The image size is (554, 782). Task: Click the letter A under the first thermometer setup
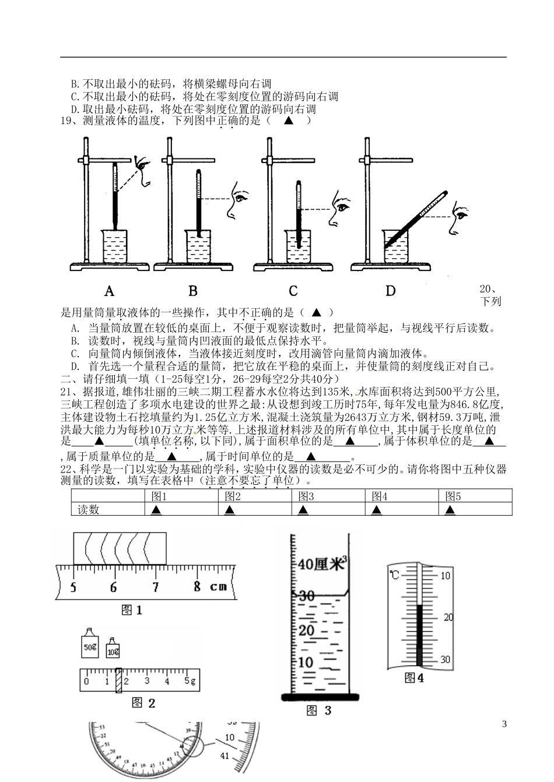[109, 291]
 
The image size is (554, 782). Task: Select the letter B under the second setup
[193, 291]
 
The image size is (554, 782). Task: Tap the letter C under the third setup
[293, 291]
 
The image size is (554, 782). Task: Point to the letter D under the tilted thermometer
[390, 291]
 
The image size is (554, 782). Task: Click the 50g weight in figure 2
[90, 645]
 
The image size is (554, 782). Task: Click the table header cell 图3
[306, 496]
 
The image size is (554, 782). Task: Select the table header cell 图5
[453, 496]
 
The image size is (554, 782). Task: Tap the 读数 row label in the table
[89, 510]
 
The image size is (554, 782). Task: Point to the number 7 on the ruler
[155, 587]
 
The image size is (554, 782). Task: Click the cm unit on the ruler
[218, 587]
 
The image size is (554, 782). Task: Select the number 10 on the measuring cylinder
[306, 663]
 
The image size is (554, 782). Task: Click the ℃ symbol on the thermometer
[395, 576]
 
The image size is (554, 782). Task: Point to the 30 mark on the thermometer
[446, 660]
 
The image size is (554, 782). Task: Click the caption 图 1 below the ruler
[131, 610]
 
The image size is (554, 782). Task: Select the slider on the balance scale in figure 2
[118, 680]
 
